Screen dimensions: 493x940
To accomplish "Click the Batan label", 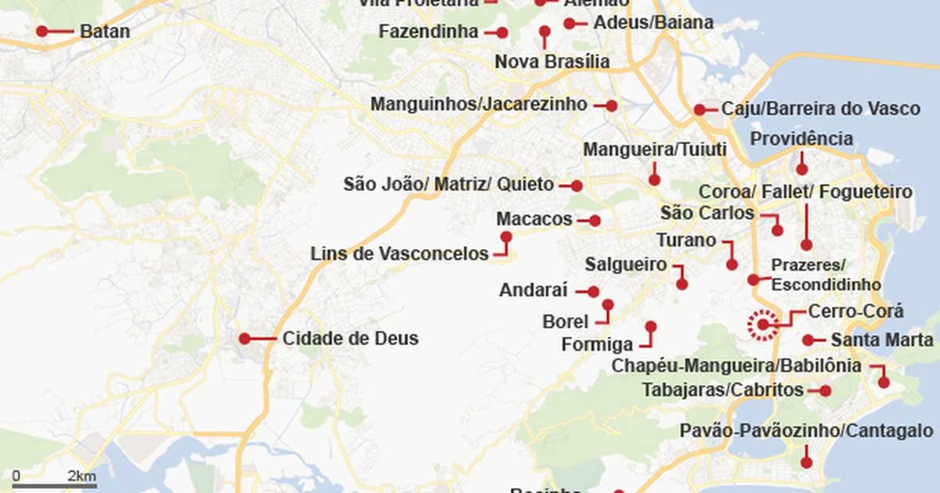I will point(105,32).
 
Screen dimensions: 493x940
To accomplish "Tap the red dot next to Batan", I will point(42,31).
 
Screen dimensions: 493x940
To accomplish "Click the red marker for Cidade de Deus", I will point(244,339).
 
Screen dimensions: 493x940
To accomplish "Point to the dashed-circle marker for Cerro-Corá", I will point(762,325).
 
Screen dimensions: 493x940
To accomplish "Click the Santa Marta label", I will point(882,340).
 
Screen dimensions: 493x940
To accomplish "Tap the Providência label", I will point(801,139).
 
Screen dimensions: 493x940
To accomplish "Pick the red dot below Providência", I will point(801,169).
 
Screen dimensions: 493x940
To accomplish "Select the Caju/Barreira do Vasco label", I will point(821,109).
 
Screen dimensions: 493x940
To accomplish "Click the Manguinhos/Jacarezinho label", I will point(479,104).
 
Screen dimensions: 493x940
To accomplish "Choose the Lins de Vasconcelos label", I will point(399,254).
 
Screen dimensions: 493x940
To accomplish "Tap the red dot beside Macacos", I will point(595,221).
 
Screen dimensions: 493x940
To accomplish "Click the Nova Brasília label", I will point(552,62).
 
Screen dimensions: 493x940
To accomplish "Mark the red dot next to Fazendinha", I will point(502,33).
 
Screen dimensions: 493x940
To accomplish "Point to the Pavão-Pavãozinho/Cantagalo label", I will point(806,431).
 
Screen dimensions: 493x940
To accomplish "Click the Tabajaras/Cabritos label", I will point(723,390).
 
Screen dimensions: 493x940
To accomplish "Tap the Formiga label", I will point(597,344).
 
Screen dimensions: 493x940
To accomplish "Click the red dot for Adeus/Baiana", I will point(569,23).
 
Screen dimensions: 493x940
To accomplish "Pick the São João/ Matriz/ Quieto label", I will point(449,185).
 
